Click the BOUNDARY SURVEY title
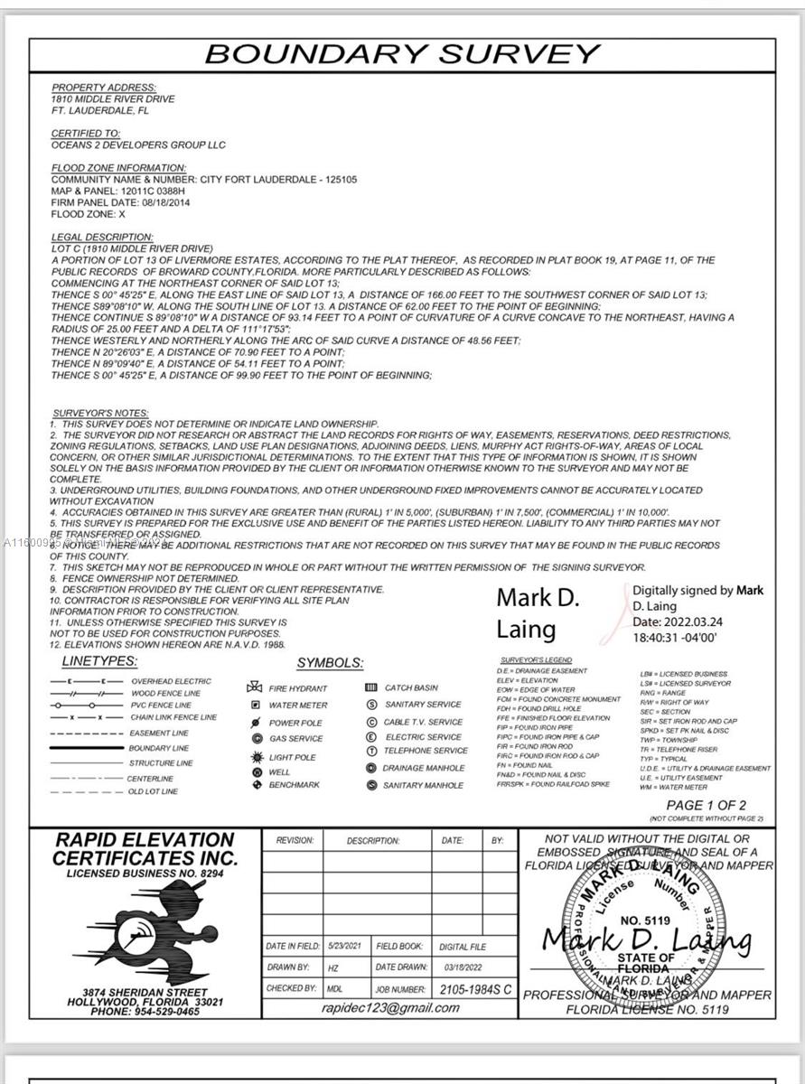tap(402, 53)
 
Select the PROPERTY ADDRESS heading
tap(104, 88)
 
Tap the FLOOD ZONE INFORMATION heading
tap(118, 168)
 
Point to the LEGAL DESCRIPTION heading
tap(93, 237)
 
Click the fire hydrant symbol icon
tap(255, 687)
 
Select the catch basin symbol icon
tap(370, 687)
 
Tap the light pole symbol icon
tap(255, 757)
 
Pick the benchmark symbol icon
tap(255, 785)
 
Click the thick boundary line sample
tap(87, 748)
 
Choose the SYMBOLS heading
tap(330, 663)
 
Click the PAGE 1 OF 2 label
tap(706, 805)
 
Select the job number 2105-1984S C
tap(475, 989)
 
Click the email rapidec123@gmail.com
tap(390, 1008)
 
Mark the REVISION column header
tap(295, 840)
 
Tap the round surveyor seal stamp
tap(645, 930)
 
